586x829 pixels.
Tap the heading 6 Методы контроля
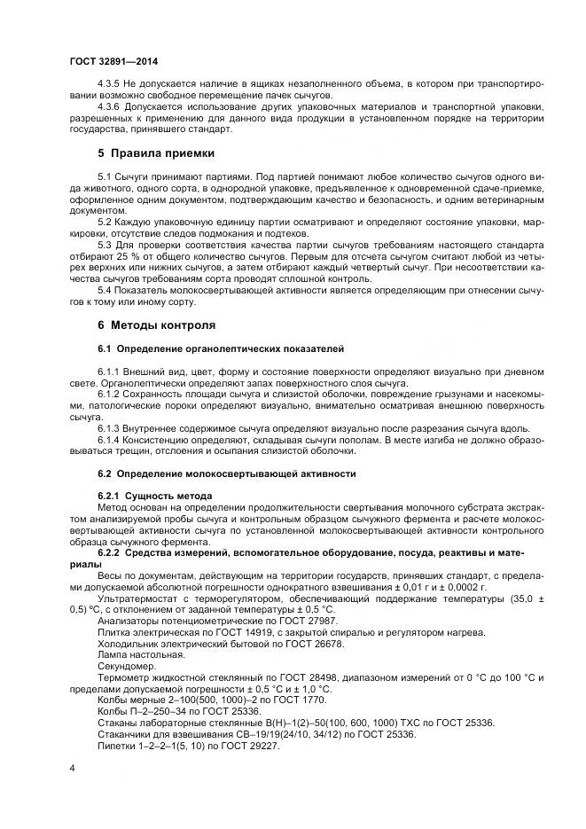pos(157,325)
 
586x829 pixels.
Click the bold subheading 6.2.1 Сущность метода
pos(154,495)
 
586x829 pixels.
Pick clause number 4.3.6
pos(110,106)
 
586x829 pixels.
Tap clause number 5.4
pos(105,289)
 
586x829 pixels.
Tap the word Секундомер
pos(127,666)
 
